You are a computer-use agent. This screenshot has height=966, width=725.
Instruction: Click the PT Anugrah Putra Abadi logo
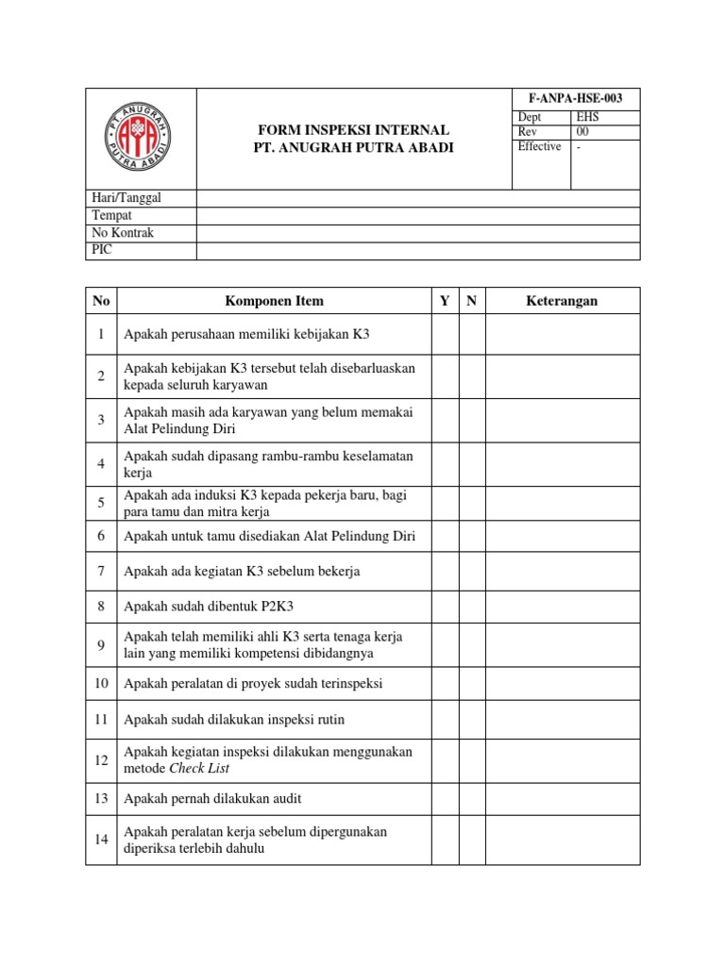tap(140, 139)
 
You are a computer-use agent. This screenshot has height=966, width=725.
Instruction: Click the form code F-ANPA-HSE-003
tap(576, 99)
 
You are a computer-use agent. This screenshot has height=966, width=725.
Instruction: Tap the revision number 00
tap(582, 132)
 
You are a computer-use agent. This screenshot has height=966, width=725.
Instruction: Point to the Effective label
tap(539, 146)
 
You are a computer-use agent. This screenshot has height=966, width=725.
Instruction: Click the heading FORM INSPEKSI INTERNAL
tap(354, 129)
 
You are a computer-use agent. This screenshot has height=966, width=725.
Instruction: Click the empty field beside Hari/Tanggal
tap(417, 198)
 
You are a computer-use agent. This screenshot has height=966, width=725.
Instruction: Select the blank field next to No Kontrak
tap(417, 233)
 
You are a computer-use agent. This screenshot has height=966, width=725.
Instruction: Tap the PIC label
tap(102, 250)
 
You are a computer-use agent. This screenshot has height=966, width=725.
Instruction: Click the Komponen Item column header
tap(274, 301)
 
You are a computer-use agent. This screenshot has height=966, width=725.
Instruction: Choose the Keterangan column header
tap(562, 301)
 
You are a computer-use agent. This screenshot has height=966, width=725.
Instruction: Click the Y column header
tap(445, 301)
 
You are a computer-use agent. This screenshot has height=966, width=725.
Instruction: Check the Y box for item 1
tap(445, 334)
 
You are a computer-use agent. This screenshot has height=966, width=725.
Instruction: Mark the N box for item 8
tap(472, 607)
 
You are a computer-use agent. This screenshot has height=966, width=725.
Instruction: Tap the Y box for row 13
tap(445, 799)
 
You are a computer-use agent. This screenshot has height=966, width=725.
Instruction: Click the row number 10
tap(101, 683)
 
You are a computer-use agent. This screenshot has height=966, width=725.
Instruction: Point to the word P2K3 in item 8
tap(288, 607)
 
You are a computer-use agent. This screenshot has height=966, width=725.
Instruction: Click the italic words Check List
tap(199, 768)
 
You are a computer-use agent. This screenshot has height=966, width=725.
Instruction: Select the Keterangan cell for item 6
tap(562, 537)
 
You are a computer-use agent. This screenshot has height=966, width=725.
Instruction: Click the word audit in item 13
tap(285, 799)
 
